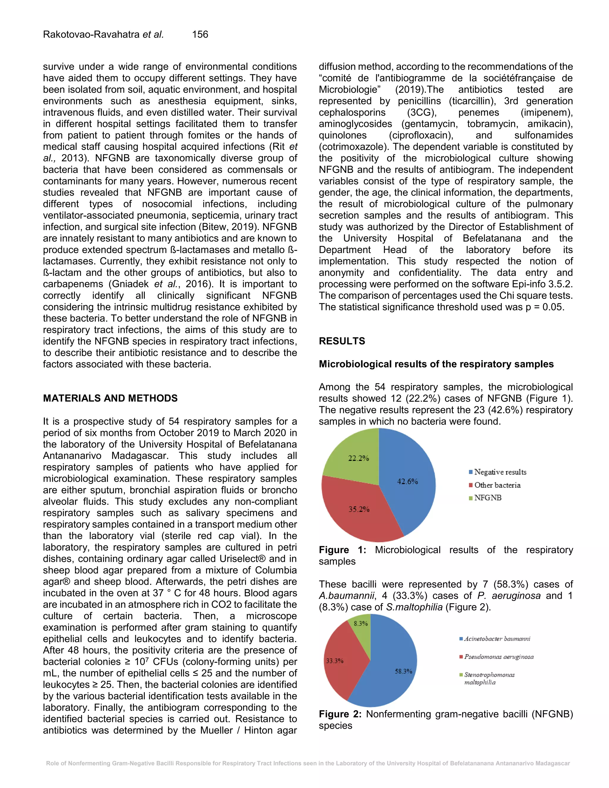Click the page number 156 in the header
pos(200,34)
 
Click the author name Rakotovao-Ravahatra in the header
pos(91,34)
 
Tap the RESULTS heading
pos(342,341)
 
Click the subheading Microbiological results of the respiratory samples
pos(436,364)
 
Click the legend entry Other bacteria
pos(497,485)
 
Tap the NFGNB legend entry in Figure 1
pos(487,497)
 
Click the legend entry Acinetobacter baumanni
pos(496,639)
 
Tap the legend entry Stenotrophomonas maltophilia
pos(489,678)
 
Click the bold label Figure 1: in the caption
pos(342,550)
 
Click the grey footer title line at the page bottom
pos(308,763)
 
